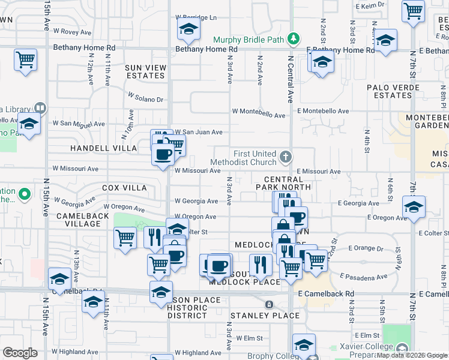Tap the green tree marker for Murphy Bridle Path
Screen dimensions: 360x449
click(x=293, y=40)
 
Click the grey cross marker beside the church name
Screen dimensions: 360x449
click(x=285, y=158)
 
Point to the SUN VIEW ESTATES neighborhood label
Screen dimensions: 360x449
click(x=145, y=72)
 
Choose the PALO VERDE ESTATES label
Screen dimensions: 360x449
click(x=388, y=92)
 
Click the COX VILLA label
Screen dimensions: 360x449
click(x=124, y=188)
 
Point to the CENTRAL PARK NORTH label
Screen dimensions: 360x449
click(x=287, y=183)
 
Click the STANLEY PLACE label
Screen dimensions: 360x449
click(x=265, y=316)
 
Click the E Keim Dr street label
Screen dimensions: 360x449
click(x=370, y=6)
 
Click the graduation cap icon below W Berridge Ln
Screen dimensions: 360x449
click(x=188, y=29)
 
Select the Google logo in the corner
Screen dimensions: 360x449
click(x=20, y=353)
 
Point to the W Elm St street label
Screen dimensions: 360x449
click(x=261, y=338)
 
